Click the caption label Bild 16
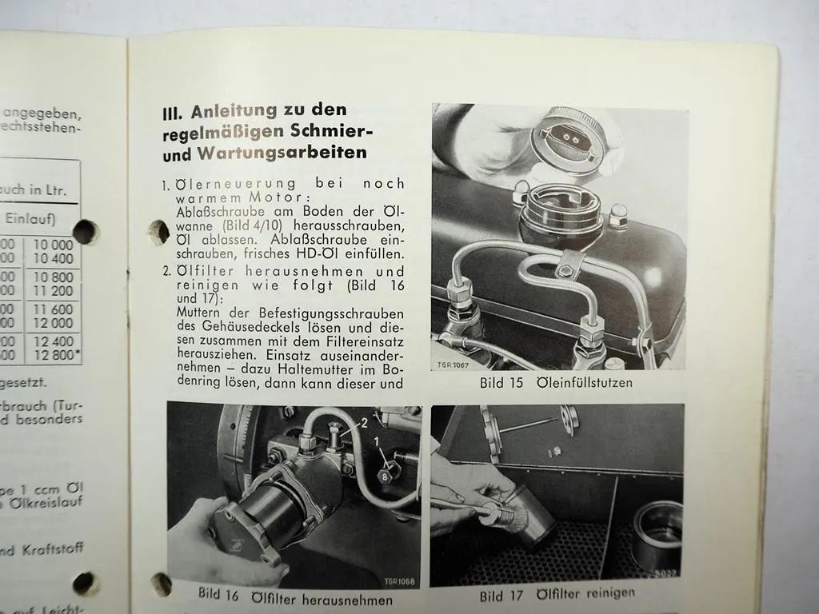click(x=219, y=593)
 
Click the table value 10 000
click(x=52, y=245)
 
